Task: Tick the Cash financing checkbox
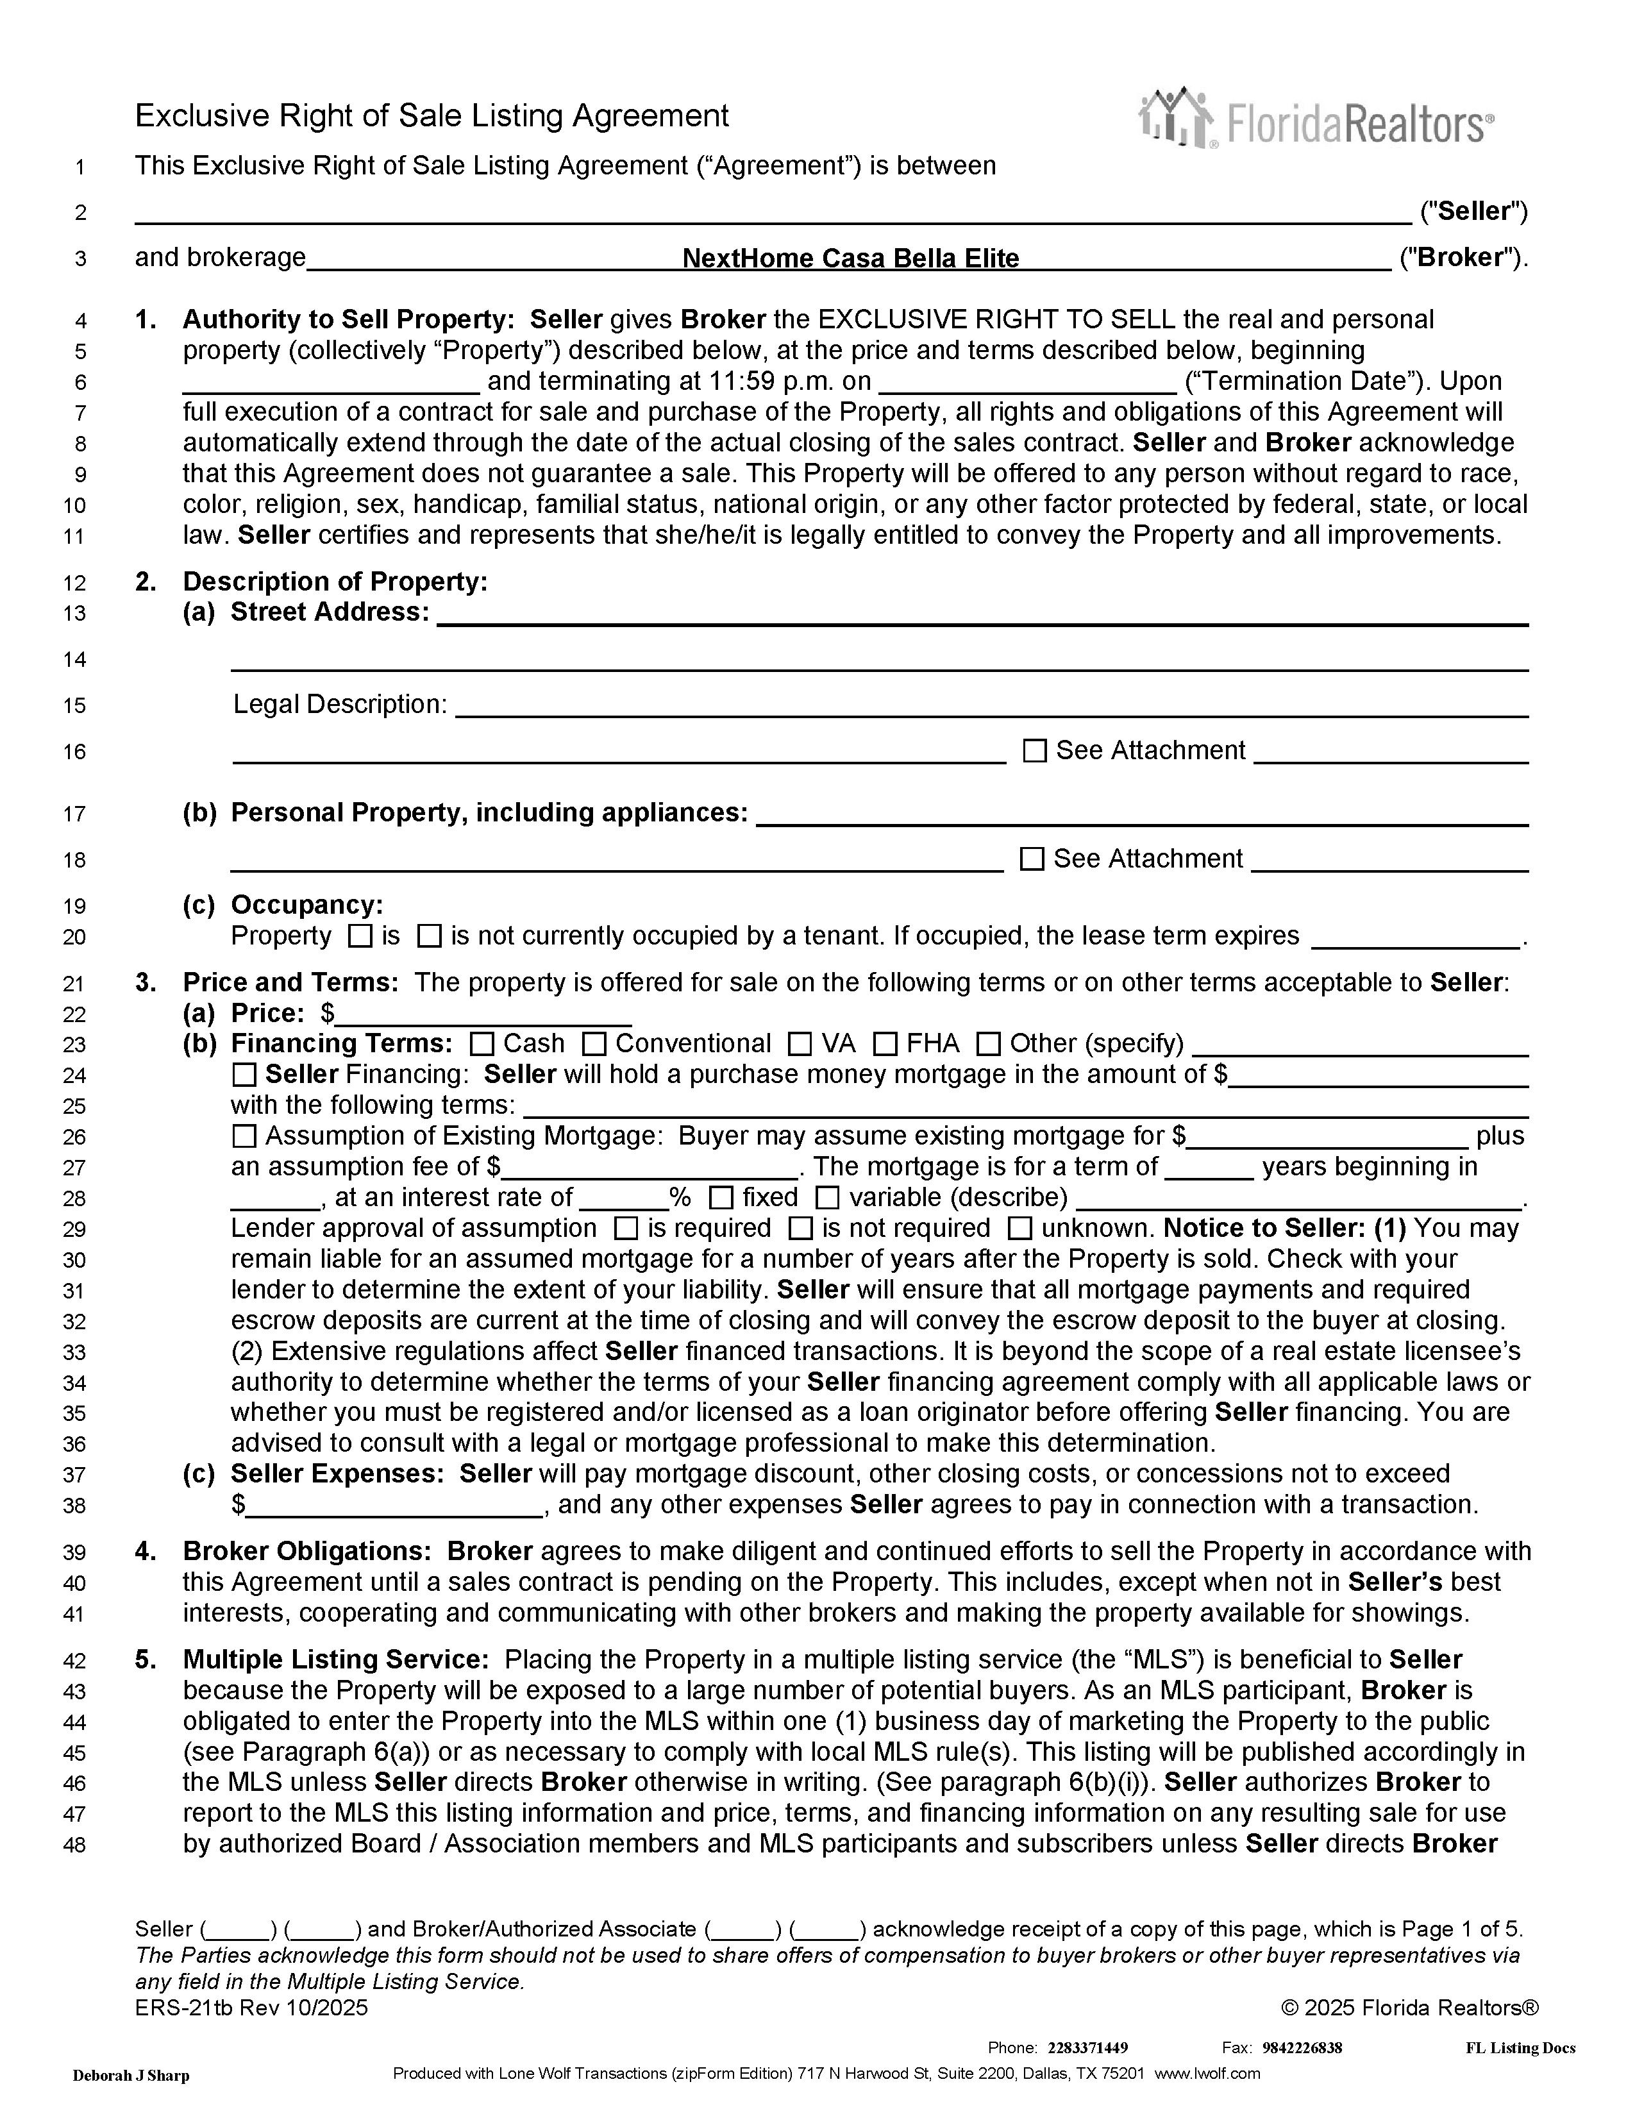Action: click(482, 1045)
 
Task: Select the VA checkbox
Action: click(800, 1045)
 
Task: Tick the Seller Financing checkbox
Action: click(244, 1075)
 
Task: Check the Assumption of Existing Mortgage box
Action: click(244, 1136)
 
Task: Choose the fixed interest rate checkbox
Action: click(721, 1198)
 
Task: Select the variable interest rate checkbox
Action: click(827, 1198)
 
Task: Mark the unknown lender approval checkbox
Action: click(1020, 1229)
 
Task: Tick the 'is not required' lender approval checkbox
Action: click(800, 1229)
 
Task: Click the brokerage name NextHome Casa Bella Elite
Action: click(850, 258)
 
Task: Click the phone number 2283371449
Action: click(1087, 2047)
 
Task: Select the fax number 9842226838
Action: click(1302, 2047)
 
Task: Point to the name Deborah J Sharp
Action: click(131, 2076)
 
